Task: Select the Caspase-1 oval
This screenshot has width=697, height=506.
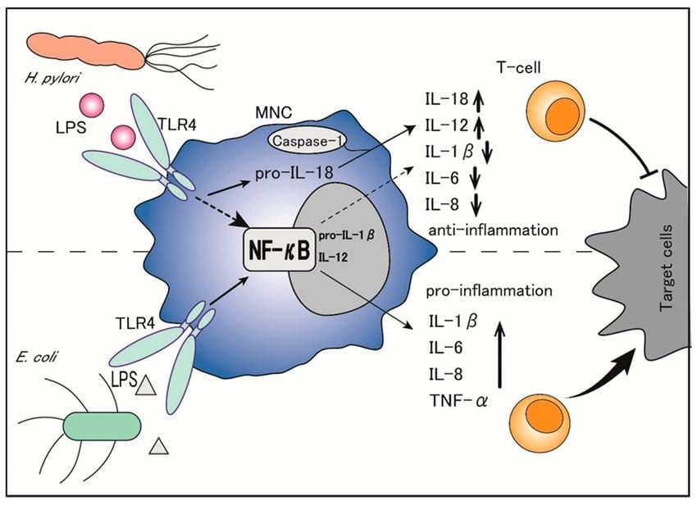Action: coord(307,141)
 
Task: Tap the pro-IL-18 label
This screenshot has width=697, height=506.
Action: coord(294,173)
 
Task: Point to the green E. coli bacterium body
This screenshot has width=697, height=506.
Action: coord(102,426)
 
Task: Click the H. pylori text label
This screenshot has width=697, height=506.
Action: coord(52,80)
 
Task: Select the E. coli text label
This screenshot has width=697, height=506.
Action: coord(35,357)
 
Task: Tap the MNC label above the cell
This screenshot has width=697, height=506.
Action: coord(274,113)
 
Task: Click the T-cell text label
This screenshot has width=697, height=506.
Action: coord(518,67)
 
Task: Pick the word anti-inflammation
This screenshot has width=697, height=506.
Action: coord(493,230)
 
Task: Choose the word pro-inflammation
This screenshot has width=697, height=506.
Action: coord(489,291)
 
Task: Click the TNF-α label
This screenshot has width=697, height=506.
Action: coord(458,400)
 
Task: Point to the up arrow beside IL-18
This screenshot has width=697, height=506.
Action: coord(478,99)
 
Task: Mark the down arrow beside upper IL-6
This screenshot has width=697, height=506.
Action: coord(475,178)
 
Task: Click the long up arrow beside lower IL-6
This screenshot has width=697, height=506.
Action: coord(500,355)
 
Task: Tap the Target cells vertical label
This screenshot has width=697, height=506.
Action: coord(666,268)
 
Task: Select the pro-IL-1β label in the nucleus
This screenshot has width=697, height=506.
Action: coord(346,235)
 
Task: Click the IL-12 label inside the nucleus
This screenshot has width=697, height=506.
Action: coord(333,257)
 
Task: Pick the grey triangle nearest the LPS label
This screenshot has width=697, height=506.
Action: coord(146,385)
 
